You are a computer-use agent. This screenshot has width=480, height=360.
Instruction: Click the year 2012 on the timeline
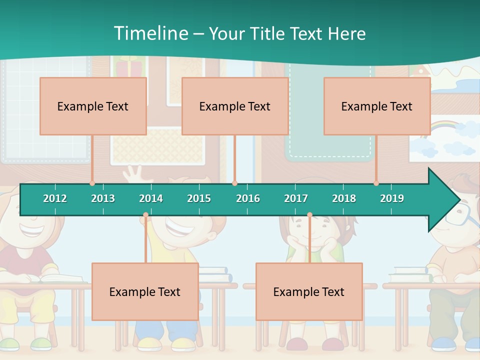coord(55,198)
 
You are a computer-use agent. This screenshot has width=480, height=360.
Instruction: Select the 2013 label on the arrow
coord(103,198)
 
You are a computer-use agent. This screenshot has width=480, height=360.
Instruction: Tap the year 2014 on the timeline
coord(151,198)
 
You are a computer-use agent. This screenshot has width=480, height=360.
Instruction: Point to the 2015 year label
coord(199,198)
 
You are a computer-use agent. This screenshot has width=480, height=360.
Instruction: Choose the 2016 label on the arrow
coord(248,198)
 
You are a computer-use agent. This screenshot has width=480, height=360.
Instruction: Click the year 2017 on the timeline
coord(296,198)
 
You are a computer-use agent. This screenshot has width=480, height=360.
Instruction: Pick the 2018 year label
coord(344,198)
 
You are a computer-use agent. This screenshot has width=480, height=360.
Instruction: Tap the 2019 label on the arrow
coord(392,198)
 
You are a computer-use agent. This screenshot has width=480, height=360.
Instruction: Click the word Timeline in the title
coord(150,33)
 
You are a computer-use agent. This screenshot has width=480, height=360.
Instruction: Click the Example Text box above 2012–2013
coord(93,106)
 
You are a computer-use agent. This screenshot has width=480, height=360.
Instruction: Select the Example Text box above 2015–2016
coord(235,106)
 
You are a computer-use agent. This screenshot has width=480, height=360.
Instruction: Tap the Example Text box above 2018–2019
coord(377,106)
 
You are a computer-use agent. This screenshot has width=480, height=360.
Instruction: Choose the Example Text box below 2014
coord(145,291)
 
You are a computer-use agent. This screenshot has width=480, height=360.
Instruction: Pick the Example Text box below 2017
coord(309,291)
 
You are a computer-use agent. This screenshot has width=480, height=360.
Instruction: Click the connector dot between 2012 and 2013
coord(92,183)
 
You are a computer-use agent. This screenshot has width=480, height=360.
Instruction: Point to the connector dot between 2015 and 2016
coord(235,183)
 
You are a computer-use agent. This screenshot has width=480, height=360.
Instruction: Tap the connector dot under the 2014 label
coord(145,215)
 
